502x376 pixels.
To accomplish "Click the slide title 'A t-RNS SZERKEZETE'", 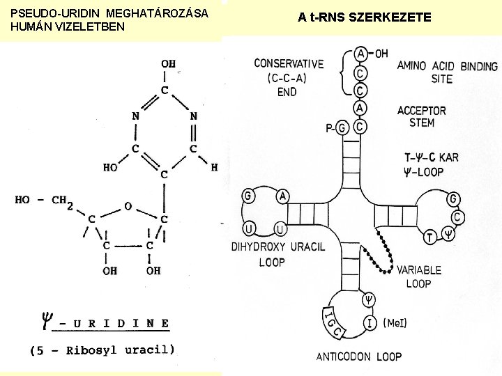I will click(x=365, y=17).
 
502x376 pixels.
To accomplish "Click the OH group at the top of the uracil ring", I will click(x=167, y=65).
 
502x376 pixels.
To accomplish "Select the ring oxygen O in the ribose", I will click(x=128, y=206).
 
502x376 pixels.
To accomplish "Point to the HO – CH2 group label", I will click(x=43, y=201).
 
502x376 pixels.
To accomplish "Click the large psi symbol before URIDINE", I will click(x=47, y=322).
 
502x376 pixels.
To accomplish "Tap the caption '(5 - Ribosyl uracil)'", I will click(x=102, y=350).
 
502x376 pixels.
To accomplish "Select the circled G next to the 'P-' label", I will click(x=342, y=128).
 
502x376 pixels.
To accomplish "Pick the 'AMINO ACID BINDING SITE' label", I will click(x=447, y=72).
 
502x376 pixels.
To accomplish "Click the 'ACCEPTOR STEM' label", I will click(x=421, y=116).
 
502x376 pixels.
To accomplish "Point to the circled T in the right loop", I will click(x=430, y=237).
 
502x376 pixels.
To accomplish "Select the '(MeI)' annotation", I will click(x=395, y=323).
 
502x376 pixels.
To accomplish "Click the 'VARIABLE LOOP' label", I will click(x=418, y=276).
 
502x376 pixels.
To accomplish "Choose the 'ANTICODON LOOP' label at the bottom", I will click(x=359, y=357).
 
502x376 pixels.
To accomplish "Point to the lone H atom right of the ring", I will click(x=214, y=168).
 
